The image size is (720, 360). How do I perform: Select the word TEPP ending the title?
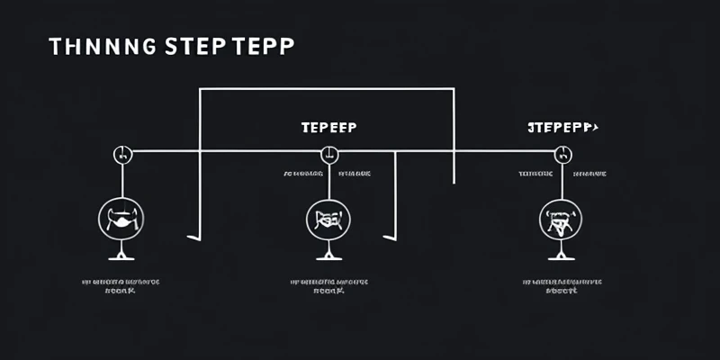[x=261, y=48]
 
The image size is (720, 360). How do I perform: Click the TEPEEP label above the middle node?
[x=328, y=128]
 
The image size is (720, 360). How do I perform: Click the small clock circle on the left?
[x=122, y=153]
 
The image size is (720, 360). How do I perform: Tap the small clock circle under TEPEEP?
[x=330, y=153]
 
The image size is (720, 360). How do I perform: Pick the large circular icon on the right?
[x=560, y=219]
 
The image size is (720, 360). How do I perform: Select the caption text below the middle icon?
[x=329, y=287]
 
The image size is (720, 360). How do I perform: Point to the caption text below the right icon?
[x=562, y=287]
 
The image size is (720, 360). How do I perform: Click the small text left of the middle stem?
[x=303, y=173]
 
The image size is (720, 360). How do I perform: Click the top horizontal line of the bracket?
[x=324, y=89]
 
